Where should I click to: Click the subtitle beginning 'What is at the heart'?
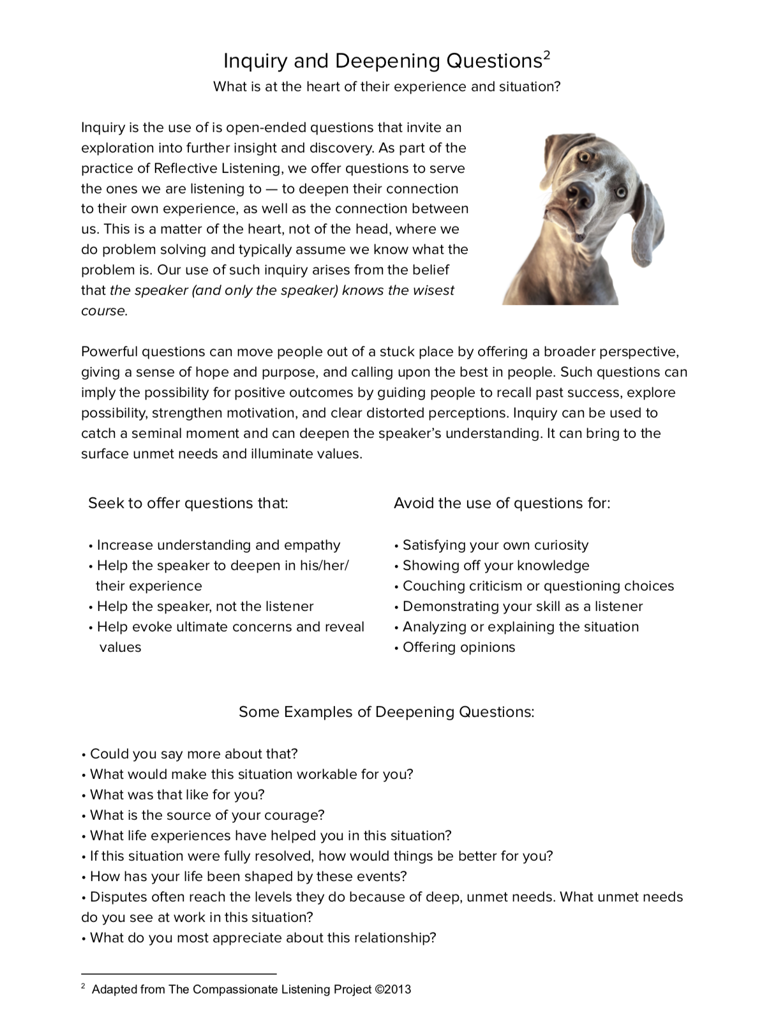(x=387, y=87)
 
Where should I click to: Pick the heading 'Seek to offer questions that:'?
(x=188, y=503)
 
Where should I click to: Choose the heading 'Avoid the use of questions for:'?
(x=502, y=503)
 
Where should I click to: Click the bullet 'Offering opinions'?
(x=458, y=647)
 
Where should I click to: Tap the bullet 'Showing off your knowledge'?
(x=496, y=566)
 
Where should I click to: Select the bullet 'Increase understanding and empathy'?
(x=218, y=545)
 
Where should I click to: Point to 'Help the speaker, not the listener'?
(x=205, y=607)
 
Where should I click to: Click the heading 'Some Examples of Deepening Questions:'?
(x=387, y=712)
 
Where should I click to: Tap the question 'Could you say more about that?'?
(x=193, y=754)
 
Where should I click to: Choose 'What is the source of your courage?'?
(x=207, y=815)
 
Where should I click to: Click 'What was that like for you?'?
(x=177, y=795)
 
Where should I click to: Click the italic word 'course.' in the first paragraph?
(x=105, y=311)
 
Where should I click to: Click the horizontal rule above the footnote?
(x=179, y=974)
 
